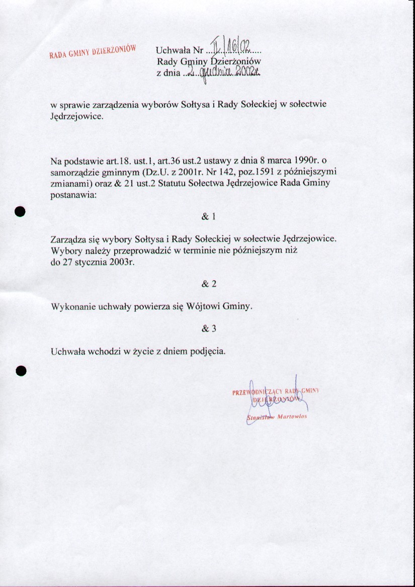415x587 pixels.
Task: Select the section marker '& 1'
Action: pos(208,217)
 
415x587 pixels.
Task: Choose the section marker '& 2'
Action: pos(208,284)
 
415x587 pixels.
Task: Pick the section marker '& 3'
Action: pos(208,328)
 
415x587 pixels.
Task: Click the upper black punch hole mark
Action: pos(20,211)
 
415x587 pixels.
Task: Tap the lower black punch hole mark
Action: pos(20,370)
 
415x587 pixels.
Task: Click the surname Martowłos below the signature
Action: pos(292,416)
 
